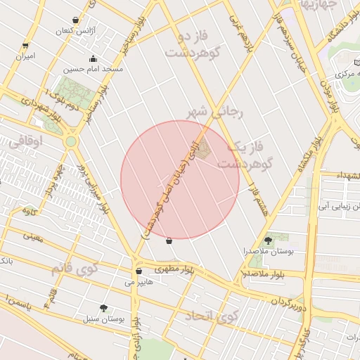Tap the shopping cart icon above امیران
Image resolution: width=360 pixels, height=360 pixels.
26,44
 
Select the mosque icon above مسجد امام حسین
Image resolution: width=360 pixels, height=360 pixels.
93,58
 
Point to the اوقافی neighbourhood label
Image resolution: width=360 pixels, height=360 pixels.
27,141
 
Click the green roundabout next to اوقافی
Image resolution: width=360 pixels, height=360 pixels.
71,141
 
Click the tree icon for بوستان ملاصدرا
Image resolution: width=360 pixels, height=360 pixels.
268,240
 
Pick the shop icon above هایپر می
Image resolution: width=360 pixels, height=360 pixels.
138,271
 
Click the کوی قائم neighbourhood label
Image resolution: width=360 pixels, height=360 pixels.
72,269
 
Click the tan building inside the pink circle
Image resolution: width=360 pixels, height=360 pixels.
203,150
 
